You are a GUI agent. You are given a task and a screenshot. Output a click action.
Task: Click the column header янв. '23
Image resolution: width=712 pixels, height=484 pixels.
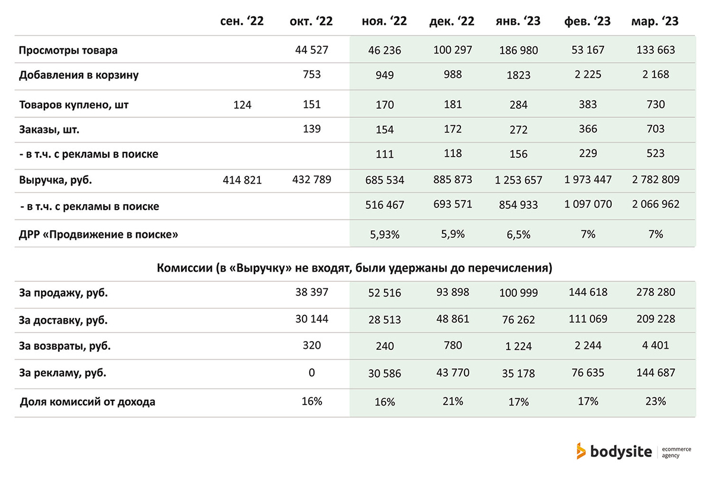(518, 21)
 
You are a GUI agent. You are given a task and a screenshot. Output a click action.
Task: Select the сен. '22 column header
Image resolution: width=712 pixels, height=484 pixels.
(242, 21)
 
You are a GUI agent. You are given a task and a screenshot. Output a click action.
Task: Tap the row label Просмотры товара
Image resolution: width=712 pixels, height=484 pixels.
(68, 50)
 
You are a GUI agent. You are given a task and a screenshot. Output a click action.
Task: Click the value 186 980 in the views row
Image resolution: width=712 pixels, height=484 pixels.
(519, 50)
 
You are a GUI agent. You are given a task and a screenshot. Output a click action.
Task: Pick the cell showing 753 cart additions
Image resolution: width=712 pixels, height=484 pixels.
(311, 74)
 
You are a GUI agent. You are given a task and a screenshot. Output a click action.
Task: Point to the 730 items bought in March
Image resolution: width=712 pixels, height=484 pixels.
(656, 104)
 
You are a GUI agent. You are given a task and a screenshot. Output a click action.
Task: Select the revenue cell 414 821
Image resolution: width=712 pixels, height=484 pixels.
(242, 180)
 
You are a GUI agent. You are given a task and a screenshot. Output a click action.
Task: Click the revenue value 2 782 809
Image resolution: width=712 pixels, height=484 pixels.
(656, 180)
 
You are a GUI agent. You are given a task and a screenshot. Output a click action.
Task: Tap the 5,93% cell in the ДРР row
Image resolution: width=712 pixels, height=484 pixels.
(384, 234)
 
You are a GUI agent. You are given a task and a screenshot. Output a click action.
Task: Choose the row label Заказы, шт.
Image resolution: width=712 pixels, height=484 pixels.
(49, 130)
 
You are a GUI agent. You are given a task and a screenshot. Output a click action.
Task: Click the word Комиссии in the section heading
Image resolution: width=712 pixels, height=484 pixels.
(185, 268)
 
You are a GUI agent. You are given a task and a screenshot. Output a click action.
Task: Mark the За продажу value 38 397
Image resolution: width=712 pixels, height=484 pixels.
(311, 292)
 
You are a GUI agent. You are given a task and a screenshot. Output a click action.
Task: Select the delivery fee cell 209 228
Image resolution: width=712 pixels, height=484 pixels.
(656, 319)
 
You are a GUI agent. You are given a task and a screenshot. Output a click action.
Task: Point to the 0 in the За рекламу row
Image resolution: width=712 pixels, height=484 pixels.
(311, 372)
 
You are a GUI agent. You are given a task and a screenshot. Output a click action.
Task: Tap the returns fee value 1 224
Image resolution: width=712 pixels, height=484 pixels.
(519, 346)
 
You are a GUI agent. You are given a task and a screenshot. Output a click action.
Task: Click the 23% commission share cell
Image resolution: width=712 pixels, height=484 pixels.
(656, 402)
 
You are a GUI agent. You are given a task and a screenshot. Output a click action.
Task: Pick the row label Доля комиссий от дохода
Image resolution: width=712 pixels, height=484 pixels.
(87, 402)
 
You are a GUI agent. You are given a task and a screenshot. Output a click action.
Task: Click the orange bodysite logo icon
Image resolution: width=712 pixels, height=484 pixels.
(581, 451)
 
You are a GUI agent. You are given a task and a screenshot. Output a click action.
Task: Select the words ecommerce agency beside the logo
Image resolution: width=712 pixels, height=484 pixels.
(676, 452)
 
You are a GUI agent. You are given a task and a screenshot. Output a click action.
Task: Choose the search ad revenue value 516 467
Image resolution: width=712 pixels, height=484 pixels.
(384, 205)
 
